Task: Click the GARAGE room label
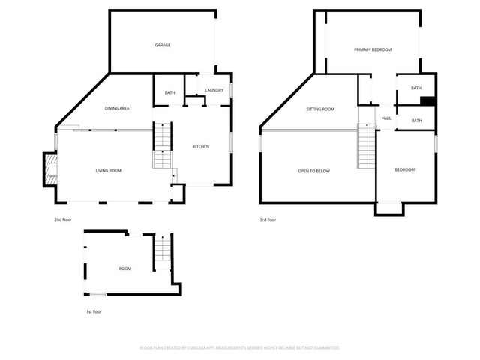163,45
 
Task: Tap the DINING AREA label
116,109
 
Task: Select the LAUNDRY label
214,90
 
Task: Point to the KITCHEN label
201,146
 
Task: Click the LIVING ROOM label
108,171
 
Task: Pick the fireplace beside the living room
49,169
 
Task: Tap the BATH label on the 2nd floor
170,92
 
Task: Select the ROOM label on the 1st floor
125,268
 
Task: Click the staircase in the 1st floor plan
163,253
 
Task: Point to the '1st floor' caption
93,311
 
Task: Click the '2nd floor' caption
62,220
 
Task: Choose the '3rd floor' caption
268,220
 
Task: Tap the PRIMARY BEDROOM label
373,49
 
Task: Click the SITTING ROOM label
320,109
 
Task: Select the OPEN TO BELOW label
314,171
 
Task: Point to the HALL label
386,118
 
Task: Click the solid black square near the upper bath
428,102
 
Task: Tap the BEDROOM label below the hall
405,169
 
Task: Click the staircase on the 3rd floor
365,147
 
